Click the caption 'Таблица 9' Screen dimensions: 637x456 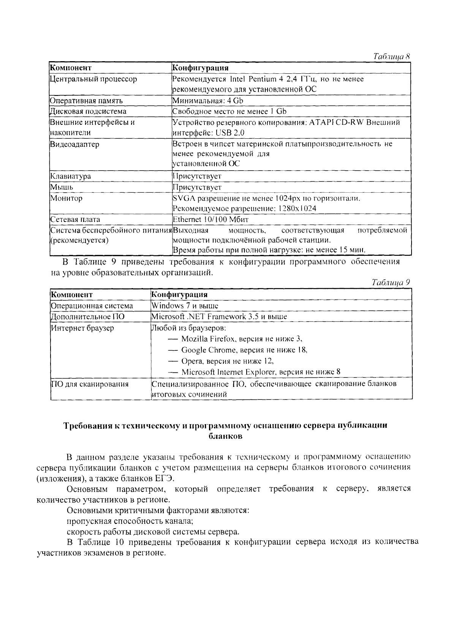pos(391,283)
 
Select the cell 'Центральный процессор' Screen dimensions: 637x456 pos(93,79)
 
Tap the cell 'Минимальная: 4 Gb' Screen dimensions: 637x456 pos(207,101)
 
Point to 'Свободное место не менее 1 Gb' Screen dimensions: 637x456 pos(229,111)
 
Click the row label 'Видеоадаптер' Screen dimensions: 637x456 pos(74,144)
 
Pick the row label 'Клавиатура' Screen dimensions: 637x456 pos(71,176)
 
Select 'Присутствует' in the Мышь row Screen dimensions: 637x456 pos(197,187)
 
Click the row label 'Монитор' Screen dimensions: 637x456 pos(66,198)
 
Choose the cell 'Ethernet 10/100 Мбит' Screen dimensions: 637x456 pos(211,220)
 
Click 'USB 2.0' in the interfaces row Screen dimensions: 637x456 pos(230,133)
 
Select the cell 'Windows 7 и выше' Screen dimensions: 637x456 pos(185,306)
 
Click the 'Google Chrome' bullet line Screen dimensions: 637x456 pos(238,350)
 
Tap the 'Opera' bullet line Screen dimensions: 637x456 pos(221,361)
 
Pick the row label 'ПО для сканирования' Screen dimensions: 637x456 pos(90,384)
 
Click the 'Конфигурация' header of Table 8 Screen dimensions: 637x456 pos(200,68)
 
